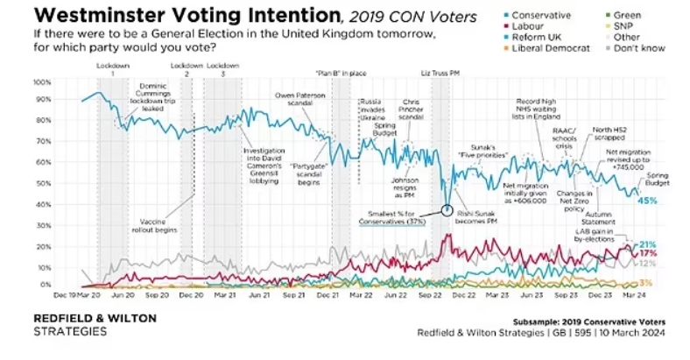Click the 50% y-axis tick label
[x=40, y=183]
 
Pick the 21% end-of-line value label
[x=649, y=244]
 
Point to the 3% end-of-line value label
[x=646, y=282]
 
